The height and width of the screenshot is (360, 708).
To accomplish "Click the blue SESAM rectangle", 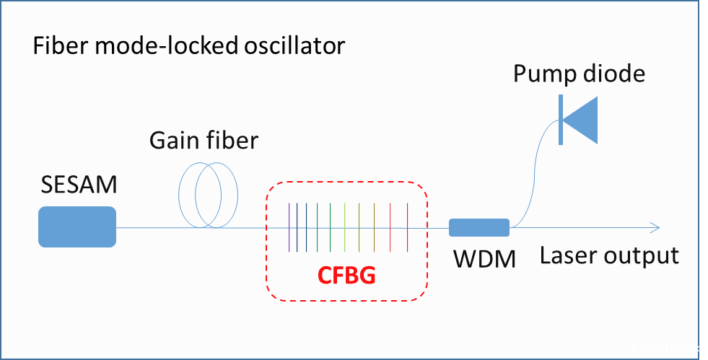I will [x=77, y=227].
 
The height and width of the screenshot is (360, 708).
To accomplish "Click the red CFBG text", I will [x=347, y=275].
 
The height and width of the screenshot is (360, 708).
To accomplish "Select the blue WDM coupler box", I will [x=479, y=227].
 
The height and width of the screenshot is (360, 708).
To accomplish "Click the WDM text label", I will [x=484, y=258].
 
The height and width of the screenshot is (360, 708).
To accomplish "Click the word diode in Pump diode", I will [x=616, y=74].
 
